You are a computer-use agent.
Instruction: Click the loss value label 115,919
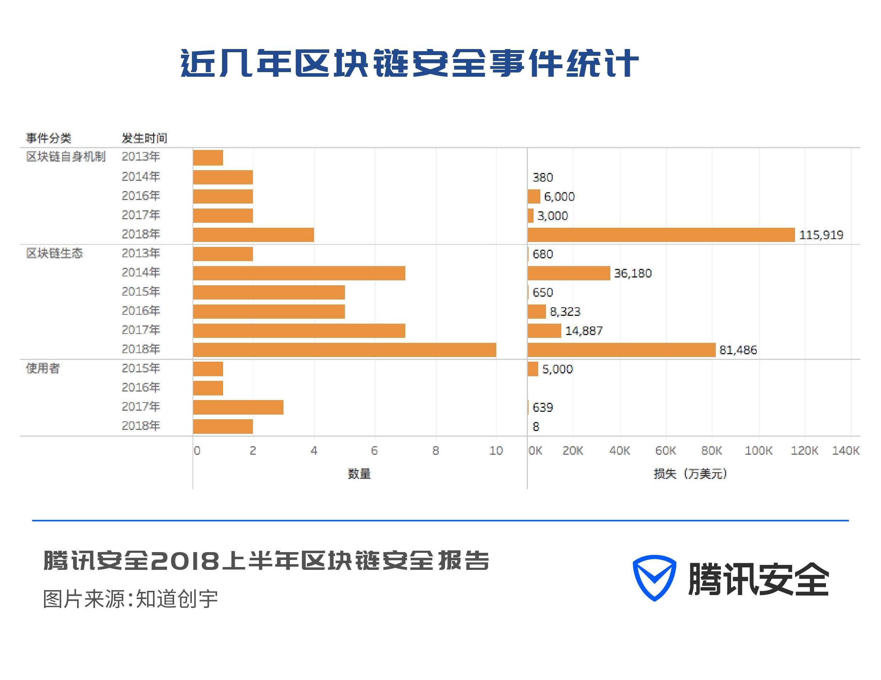pos(821,235)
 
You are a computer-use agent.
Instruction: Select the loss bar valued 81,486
pos(621,350)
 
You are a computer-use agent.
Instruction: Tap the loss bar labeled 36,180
pos(568,273)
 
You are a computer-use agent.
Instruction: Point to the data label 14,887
pos(584,331)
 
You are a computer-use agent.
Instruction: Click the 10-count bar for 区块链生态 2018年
pos(345,350)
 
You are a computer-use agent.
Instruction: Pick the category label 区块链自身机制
pos(66,156)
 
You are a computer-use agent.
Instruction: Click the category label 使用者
pos(43,368)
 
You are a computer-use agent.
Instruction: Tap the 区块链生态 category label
pos(54,253)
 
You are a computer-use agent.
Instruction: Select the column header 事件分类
pos(49,138)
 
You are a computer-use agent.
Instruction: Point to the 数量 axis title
pos(359,474)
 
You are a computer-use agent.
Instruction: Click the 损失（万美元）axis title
pos(690,474)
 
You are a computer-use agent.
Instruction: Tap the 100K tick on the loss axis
pos(758,450)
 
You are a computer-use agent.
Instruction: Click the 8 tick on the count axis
pos(436,450)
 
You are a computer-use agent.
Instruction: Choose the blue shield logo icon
pos(654,578)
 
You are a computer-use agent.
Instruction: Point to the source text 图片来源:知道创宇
pos(130,599)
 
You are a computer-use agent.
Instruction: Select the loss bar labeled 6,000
pos(534,196)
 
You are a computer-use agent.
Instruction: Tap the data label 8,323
pos(565,311)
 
